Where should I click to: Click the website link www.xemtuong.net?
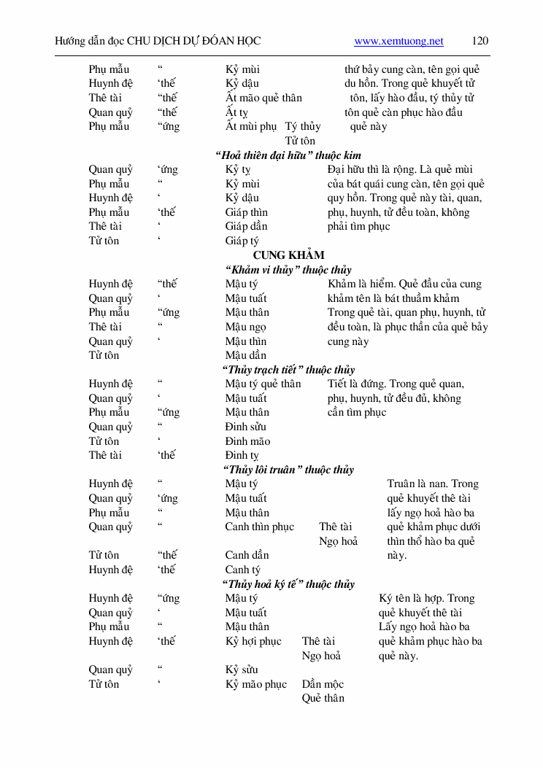(398, 42)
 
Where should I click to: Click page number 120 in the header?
(480, 41)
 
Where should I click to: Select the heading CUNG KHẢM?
(288, 255)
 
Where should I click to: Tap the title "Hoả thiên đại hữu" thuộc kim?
(288, 155)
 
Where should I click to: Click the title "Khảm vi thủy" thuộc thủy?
(288, 270)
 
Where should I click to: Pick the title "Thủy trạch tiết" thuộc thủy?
(288, 370)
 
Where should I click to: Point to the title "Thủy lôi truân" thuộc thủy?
(288, 470)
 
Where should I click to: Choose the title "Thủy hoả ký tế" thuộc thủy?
(288, 584)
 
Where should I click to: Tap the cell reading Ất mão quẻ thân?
(263, 98)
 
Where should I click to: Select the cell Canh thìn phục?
(259, 527)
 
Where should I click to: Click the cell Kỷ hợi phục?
(253, 641)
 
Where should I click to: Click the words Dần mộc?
(323, 684)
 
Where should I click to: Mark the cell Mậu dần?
(245, 355)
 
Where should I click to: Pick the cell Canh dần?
(247, 555)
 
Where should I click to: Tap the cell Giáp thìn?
(247, 212)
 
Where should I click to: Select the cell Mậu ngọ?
(245, 327)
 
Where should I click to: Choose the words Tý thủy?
(303, 126)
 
